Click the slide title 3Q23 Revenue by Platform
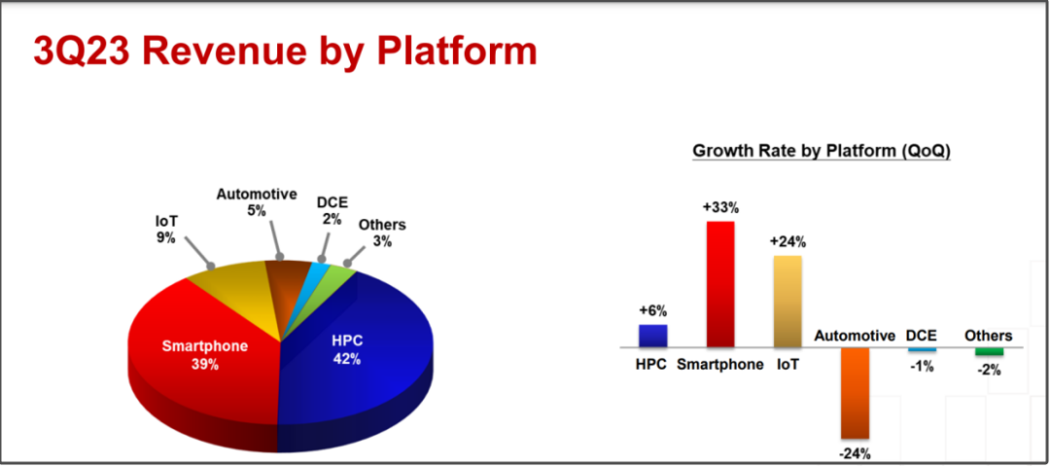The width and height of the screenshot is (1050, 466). (285, 53)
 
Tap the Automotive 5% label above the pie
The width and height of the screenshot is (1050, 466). (257, 201)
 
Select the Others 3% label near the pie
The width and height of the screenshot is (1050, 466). (382, 233)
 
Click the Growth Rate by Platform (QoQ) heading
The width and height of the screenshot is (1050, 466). (822, 151)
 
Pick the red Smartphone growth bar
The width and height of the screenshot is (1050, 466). (720, 284)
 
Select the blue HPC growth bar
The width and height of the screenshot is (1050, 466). (653, 336)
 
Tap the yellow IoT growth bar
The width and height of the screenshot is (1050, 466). (787, 301)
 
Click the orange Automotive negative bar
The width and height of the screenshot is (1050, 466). (856, 393)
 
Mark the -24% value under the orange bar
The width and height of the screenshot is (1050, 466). (856, 452)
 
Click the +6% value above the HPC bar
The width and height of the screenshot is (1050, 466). (653, 311)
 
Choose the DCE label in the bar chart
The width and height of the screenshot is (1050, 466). (922, 336)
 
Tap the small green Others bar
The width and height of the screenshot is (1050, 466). (989, 351)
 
